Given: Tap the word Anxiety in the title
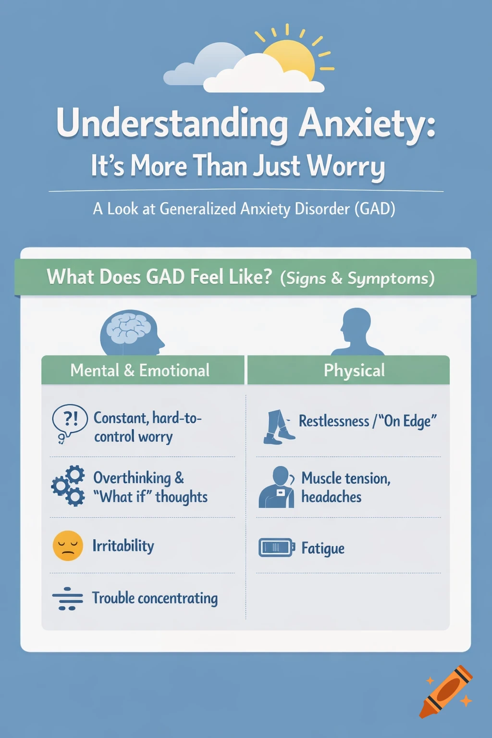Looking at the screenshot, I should [367, 123].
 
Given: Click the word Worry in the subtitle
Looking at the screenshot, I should [346, 166].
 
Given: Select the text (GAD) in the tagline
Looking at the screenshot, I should [375, 209].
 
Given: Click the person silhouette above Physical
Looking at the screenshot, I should [356, 332].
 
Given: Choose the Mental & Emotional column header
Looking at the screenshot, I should [140, 370].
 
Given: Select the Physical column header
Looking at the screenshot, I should [354, 370].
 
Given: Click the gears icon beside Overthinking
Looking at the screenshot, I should [69, 485].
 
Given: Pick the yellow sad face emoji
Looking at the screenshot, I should [68, 546].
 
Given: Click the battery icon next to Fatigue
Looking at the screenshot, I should [276, 547].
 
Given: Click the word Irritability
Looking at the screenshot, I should [123, 546].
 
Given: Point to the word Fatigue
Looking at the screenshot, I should [323, 548].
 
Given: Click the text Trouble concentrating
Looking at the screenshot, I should [155, 598].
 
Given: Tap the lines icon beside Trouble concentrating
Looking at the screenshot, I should [67, 599].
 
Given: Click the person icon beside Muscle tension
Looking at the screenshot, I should [277, 487].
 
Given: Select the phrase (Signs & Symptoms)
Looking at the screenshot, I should [357, 278].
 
